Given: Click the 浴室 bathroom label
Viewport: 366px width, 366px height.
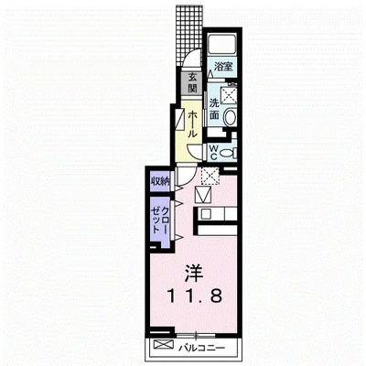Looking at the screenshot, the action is [x=223, y=67].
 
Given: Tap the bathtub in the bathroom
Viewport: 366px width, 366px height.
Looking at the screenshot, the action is [x=222, y=44].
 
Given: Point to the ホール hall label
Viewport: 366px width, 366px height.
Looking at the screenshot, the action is [x=192, y=124].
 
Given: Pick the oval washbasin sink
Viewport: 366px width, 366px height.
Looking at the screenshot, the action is [x=230, y=117].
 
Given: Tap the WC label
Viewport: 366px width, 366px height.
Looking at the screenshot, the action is [x=214, y=152].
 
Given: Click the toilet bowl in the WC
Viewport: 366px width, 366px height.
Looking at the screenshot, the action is [x=227, y=152].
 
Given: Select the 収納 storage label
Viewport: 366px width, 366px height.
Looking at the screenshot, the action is [x=160, y=182].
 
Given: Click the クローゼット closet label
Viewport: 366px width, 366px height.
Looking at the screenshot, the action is [x=160, y=220].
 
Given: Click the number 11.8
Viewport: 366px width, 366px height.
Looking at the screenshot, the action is [x=194, y=296].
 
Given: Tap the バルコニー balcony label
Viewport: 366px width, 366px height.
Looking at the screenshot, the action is [x=201, y=347].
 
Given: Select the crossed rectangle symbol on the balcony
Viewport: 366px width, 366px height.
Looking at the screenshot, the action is [x=164, y=345].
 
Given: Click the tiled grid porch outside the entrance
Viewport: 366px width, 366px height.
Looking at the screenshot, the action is [x=189, y=34].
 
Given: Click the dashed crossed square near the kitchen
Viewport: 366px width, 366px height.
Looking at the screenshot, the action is [x=210, y=176].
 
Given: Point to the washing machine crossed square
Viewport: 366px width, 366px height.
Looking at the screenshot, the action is [x=229, y=95].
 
